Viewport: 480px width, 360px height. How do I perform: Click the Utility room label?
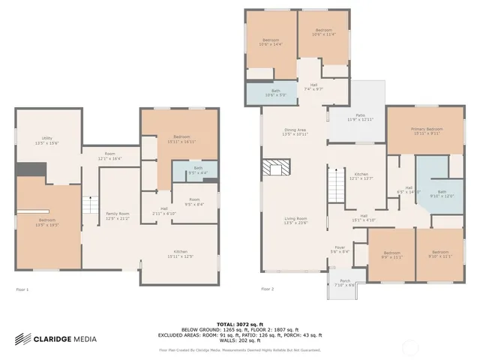[46, 140]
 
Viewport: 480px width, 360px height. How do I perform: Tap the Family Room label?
[117, 216]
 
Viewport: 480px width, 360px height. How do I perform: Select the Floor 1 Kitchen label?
[181, 254]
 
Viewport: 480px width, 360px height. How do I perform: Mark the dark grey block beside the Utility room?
[29, 169]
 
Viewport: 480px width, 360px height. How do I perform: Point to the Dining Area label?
[295, 132]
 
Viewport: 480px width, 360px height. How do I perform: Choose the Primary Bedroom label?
[425, 131]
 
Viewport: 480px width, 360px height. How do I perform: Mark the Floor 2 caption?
[268, 289]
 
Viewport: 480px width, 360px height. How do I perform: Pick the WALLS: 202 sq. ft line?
[239, 341]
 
